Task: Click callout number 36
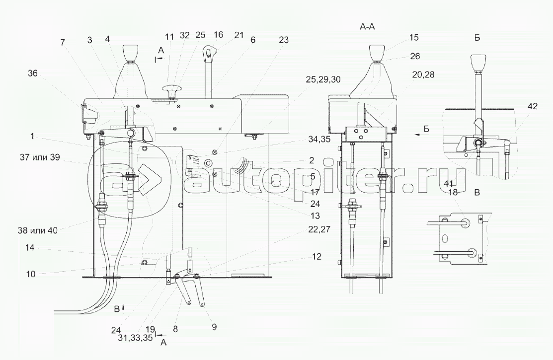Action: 33,73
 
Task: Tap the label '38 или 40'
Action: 37,230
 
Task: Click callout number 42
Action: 533,106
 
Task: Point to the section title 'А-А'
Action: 367,26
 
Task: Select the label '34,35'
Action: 319,139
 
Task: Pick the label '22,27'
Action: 319,229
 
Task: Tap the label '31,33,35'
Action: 136,338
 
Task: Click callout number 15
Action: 414,37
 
